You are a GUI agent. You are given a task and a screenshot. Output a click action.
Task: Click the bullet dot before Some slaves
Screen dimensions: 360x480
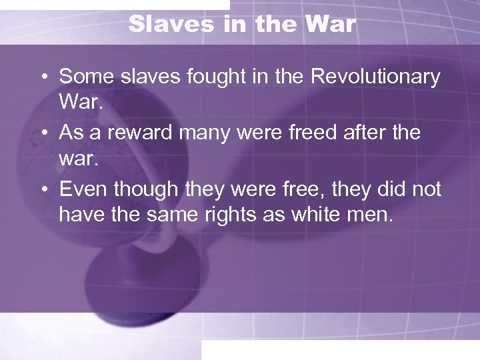43,78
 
